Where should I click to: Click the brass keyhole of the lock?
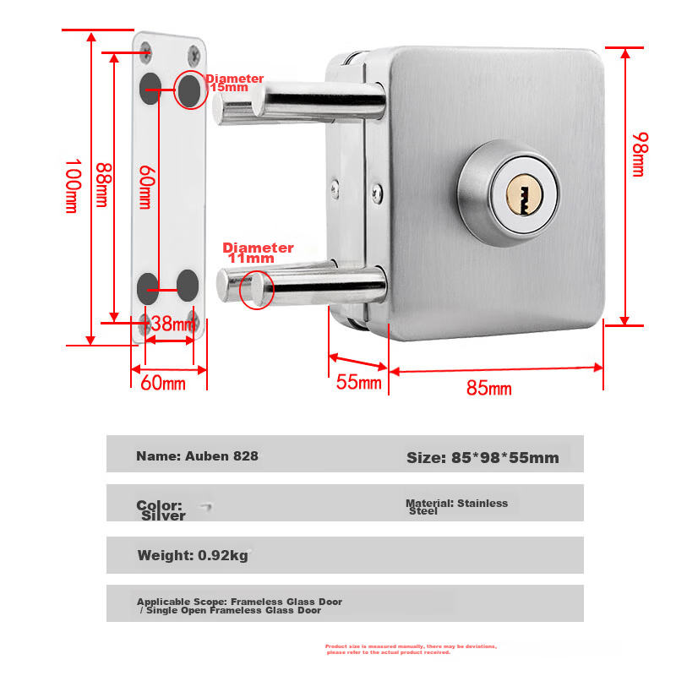pos(524,194)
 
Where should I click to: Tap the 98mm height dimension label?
pos(640,155)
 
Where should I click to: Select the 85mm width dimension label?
pos(489,388)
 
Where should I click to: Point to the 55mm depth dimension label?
pos(358,382)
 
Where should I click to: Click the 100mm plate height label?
pos(73,186)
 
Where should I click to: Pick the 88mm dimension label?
pos(103,184)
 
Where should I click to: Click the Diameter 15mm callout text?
pos(235,83)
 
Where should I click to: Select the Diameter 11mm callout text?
pos(258,253)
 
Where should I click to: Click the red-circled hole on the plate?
pos(189,91)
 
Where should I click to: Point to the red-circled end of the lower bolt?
pos(257,289)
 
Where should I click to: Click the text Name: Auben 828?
pos(197,456)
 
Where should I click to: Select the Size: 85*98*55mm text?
pos(482,457)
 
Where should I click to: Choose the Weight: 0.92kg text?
pos(193,555)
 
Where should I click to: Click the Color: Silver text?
pos(161,510)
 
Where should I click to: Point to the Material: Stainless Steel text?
pos(456,507)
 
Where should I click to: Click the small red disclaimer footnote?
pos(411,649)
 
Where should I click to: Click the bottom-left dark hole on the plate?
pos(148,288)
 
